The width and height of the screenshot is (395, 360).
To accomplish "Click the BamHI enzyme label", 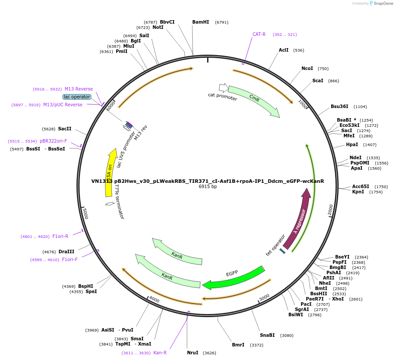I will (201, 22).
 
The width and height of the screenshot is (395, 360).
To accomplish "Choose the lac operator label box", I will (77, 97).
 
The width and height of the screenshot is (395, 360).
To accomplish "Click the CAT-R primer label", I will (259, 34).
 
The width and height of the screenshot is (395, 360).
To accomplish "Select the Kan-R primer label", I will (160, 353).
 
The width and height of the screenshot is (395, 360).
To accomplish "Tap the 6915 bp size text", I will (208, 187).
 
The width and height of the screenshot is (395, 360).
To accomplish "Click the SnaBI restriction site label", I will (267, 335).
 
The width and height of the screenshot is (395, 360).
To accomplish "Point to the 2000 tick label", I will (331, 210).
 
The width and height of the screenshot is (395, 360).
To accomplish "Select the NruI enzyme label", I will (193, 353).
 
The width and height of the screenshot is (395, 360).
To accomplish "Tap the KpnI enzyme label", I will (358, 192).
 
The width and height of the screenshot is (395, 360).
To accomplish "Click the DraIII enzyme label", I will (66, 252).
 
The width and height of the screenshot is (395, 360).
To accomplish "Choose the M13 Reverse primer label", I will (79, 89).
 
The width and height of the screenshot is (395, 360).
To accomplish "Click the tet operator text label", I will (275, 245).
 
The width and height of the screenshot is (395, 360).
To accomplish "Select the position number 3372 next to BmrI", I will (256, 345).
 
